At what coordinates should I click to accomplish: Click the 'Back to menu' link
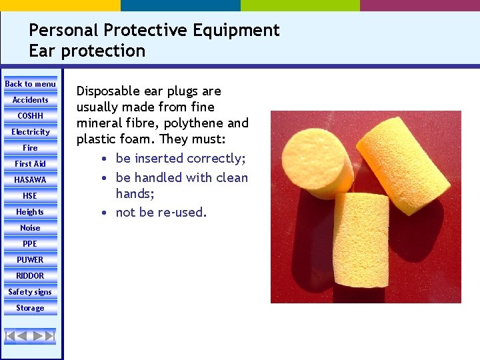[30, 84]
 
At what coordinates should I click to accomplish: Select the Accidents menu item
[30, 100]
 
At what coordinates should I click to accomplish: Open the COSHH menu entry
[30, 116]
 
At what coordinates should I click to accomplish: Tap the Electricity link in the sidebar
[30, 132]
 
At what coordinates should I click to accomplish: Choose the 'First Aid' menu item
[30, 164]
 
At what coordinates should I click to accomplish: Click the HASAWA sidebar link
[30, 180]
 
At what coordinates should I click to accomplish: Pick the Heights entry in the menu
[30, 212]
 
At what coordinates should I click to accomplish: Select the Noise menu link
[30, 228]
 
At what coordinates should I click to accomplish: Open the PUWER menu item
[30, 260]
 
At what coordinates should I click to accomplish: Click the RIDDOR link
[30, 276]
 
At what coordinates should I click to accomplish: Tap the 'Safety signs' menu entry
[30, 292]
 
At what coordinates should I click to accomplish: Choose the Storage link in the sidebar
[30, 308]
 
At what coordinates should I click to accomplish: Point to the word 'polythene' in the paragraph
[191, 123]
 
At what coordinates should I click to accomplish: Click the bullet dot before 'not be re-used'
[105, 213]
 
